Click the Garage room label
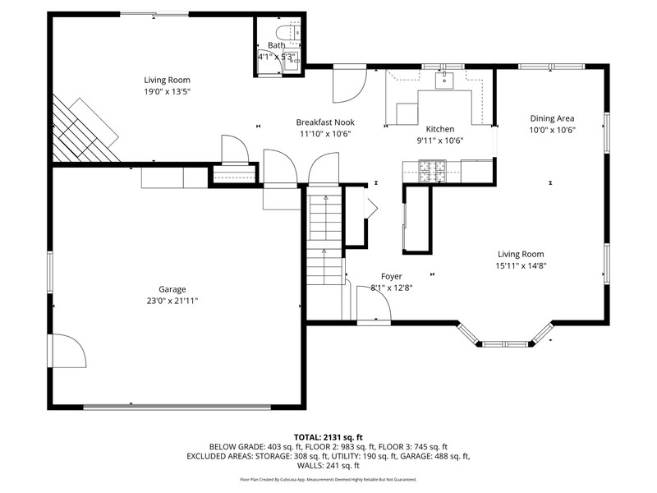(x=172, y=289)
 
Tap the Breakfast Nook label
(x=325, y=122)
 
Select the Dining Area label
(x=552, y=118)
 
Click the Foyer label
(x=392, y=276)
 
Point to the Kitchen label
(x=440, y=129)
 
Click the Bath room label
(x=276, y=45)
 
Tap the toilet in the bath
(x=288, y=32)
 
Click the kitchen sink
(x=443, y=80)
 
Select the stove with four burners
(x=433, y=172)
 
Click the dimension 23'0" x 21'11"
(x=172, y=301)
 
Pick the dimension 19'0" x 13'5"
(x=168, y=91)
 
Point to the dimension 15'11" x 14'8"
(x=521, y=265)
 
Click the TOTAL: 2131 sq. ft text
(x=328, y=438)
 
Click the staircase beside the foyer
(x=324, y=240)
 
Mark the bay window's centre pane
(x=505, y=344)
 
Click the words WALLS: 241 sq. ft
(x=328, y=465)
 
